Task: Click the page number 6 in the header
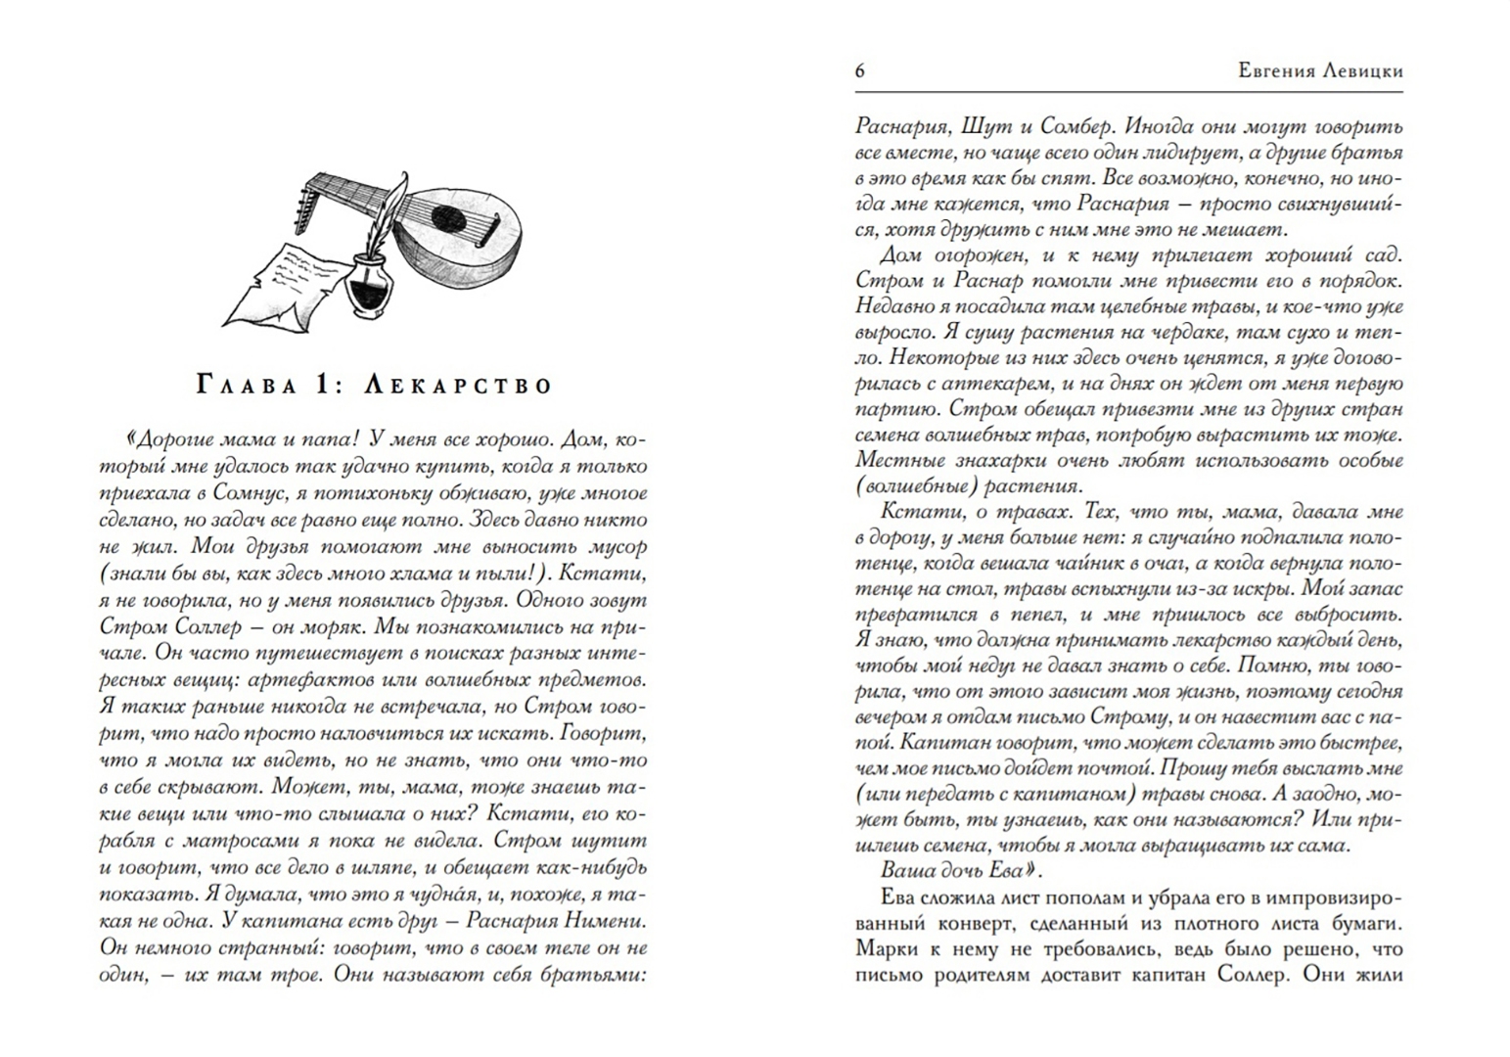(859, 70)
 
